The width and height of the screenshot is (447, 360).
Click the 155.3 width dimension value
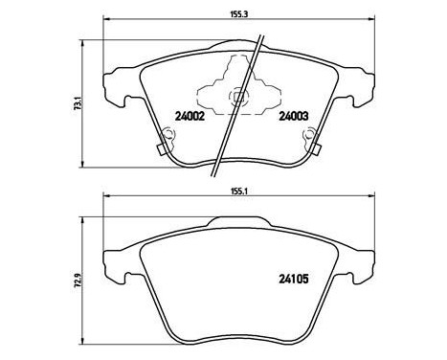tap(239, 14)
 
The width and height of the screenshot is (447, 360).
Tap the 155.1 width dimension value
tap(239, 191)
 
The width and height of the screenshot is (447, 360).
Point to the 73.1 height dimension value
tap(77, 103)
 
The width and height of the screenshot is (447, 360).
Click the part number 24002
tap(190, 117)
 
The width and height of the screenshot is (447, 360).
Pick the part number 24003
tap(294, 117)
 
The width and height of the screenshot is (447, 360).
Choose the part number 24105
tap(294, 280)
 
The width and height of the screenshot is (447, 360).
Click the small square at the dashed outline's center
tap(238, 97)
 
